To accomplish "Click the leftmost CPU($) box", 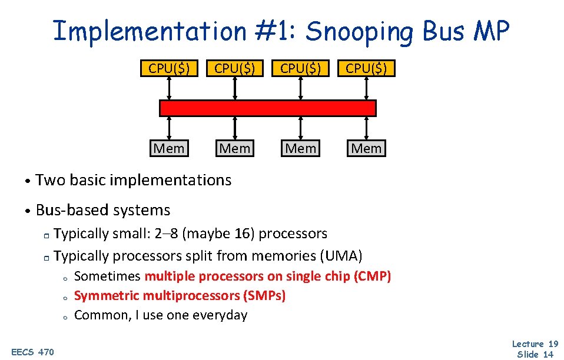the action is tap(169, 68).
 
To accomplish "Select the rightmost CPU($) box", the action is tap(366, 68).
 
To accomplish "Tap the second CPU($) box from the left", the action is tap(235, 68).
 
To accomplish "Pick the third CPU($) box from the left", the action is tap(300, 68).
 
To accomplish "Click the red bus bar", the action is tap(268, 108).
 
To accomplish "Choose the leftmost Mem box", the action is tap(169, 148).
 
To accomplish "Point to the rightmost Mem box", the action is tap(366, 148).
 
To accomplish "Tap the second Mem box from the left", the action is tap(235, 148).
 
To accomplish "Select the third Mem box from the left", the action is tap(300, 148).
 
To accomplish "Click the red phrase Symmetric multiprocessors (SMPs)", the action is tap(180, 295).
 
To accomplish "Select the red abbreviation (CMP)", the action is tap(373, 276).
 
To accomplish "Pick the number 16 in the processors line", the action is tap(243, 234).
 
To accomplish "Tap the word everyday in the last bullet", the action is tap(220, 315).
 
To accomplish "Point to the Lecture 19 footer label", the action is tap(535, 344).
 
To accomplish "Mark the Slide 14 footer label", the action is tap(535, 354).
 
